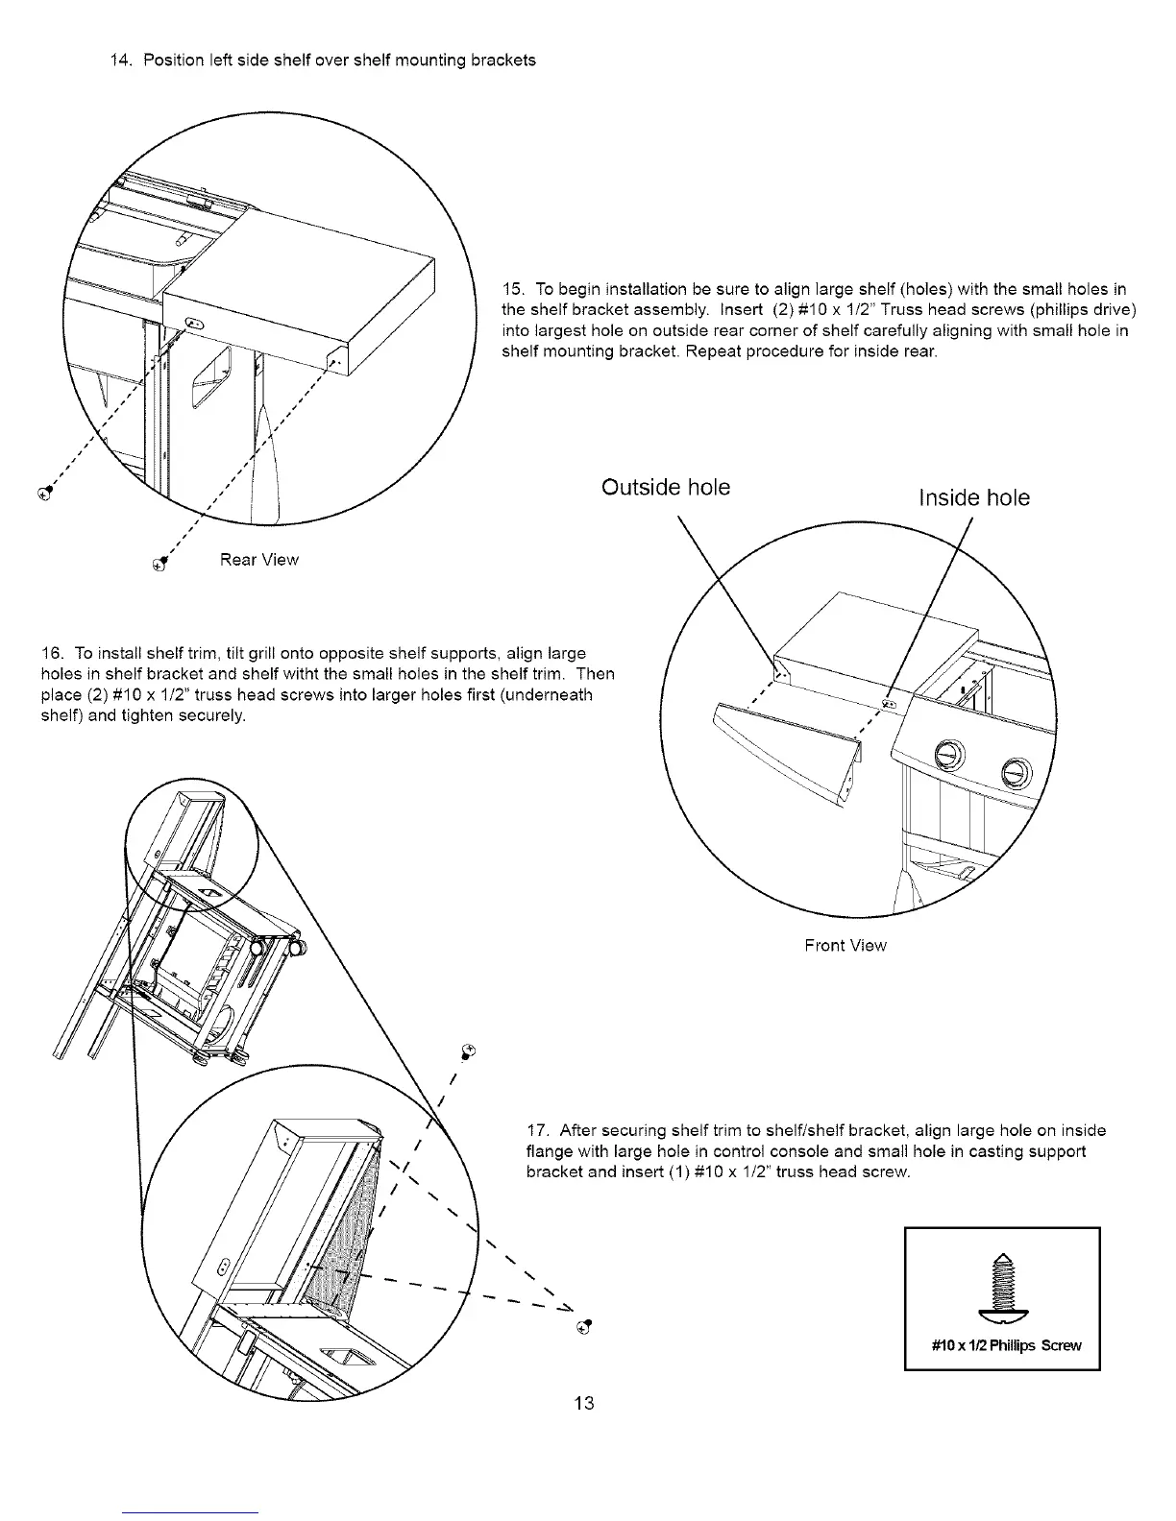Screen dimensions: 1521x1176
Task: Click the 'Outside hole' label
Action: (666, 488)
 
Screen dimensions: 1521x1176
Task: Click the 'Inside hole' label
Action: (974, 497)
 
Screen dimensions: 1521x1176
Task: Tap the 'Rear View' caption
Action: (259, 560)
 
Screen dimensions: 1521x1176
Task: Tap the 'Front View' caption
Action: (845, 946)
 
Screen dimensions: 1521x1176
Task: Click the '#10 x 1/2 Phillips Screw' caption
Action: (1007, 1345)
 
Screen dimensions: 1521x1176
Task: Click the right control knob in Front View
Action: (1016, 771)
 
